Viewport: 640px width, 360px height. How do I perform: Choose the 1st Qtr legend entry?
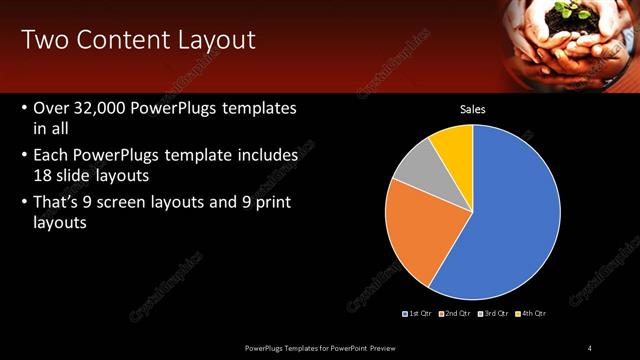417,313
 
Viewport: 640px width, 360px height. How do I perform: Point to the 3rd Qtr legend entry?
493,313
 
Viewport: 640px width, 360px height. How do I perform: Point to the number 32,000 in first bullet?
107,108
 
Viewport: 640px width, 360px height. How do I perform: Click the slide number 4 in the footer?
590,347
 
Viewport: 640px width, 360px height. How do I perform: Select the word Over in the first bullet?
52,108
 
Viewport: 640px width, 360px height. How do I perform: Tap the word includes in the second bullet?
265,156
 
